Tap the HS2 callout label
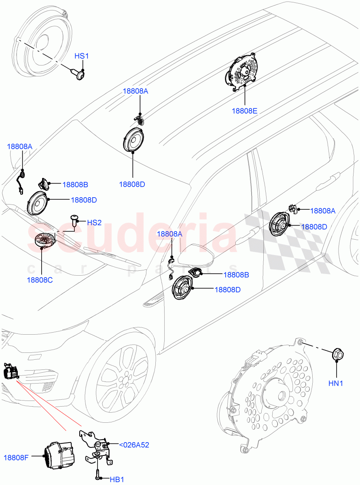(x=94, y=223)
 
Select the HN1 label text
(x=336, y=383)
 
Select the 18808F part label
(x=16, y=458)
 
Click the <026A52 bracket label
(x=134, y=445)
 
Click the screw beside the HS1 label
(x=81, y=74)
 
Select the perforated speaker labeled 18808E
(x=242, y=72)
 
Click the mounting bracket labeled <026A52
(x=97, y=447)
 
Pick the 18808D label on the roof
(x=132, y=184)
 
